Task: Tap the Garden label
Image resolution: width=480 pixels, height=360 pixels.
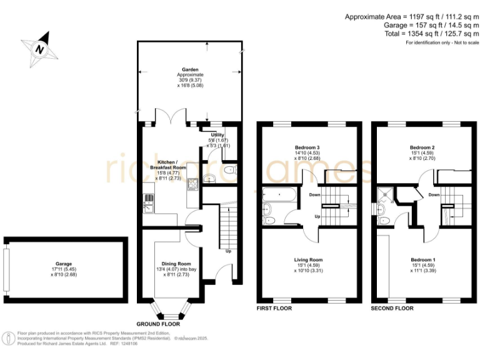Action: pyautogui.click(x=190, y=69)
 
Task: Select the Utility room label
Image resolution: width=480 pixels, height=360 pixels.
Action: pyautogui.click(x=217, y=134)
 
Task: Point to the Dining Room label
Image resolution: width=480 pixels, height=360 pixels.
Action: pyautogui.click(x=176, y=264)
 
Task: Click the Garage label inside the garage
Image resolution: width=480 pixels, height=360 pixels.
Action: pyautogui.click(x=62, y=264)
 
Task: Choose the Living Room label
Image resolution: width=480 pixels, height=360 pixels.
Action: pyautogui.click(x=308, y=259)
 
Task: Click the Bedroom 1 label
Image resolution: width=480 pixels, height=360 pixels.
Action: pyautogui.click(x=422, y=259)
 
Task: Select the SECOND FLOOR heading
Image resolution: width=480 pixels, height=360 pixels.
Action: pyautogui.click(x=392, y=309)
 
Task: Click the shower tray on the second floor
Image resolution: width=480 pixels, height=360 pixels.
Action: pyautogui.click(x=385, y=195)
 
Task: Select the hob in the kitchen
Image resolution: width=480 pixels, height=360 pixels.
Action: pyautogui.click(x=192, y=183)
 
